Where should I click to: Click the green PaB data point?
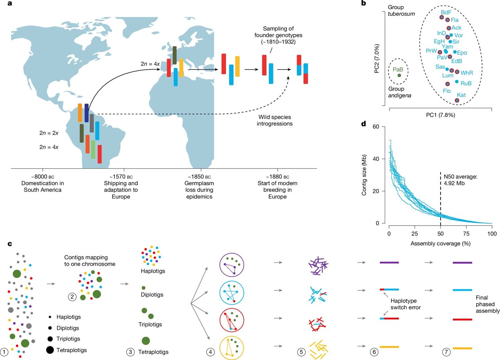pos(399,75)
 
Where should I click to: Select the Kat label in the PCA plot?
pos(461,95)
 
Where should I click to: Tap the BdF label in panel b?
pos(446,13)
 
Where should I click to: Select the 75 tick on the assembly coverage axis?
pos(466,233)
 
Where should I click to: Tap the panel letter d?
pos(363,124)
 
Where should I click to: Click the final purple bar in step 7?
pos(462,263)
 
